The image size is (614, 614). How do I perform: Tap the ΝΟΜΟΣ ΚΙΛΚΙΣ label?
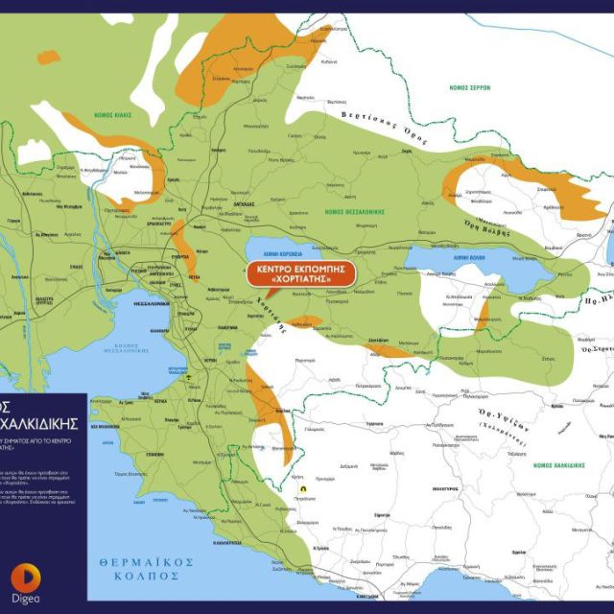click(112, 114)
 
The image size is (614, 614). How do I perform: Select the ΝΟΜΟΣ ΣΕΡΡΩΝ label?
click(469, 87)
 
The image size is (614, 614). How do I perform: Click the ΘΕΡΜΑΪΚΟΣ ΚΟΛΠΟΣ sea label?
click(147, 568)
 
